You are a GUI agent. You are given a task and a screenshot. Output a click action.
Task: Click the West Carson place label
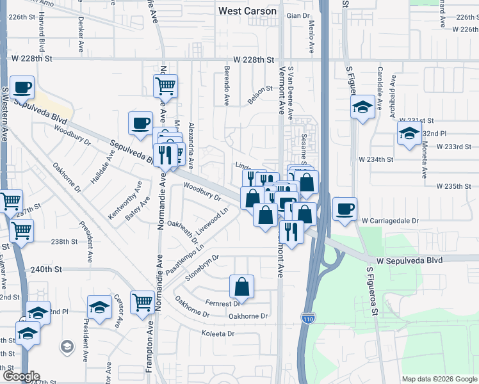click(247, 11)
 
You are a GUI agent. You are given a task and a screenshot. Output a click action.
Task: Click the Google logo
click(20, 376)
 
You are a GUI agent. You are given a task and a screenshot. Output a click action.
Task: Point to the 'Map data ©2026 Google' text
click(439, 379)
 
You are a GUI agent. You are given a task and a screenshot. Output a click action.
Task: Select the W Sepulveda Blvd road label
click(409, 260)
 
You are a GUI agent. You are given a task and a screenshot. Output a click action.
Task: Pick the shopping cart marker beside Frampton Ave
click(142, 301)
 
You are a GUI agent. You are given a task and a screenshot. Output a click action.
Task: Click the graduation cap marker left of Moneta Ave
click(408, 134)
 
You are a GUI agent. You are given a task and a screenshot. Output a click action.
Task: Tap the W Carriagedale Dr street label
click(389, 220)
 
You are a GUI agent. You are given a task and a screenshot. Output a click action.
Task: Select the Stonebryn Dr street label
click(202, 268)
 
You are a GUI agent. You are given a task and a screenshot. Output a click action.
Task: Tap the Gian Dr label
click(298, 15)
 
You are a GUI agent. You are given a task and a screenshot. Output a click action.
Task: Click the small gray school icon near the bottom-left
click(66, 347)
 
